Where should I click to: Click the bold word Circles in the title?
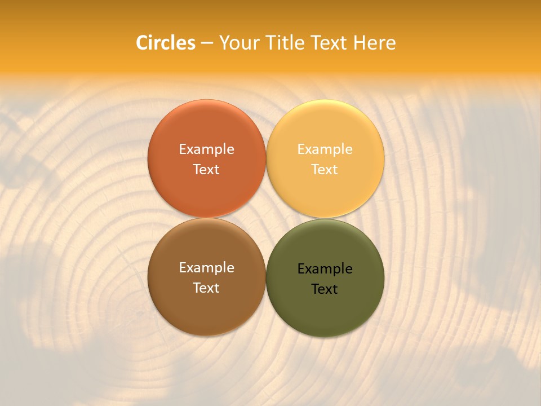pyautogui.click(x=166, y=43)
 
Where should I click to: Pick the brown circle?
pyautogui.click(x=206, y=304)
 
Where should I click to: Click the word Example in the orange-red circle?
pyautogui.click(x=206, y=149)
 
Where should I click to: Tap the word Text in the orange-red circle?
pyautogui.click(x=206, y=169)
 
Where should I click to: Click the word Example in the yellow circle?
pyautogui.click(x=325, y=149)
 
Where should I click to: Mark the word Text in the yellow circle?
pyautogui.click(x=325, y=169)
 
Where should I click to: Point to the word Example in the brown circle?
pyautogui.click(x=206, y=267)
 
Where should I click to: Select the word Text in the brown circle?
pyautogui.click(x=206, y=288)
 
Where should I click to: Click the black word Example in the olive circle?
pyautogui.click(x=325, y=268)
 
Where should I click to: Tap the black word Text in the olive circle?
pyautogui.click(x=325, y=289)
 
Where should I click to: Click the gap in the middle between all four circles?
pyautogui.click(x=266, y=218)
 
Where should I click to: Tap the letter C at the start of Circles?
pyautogui.click(x=142, y=43)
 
